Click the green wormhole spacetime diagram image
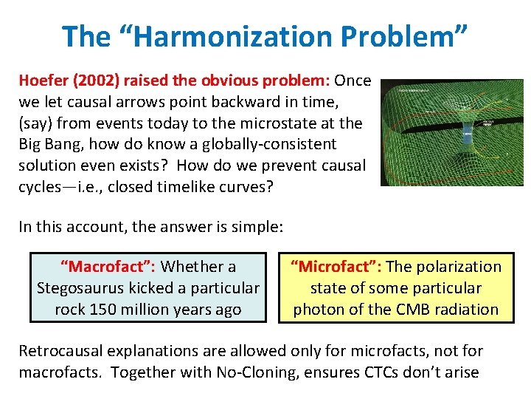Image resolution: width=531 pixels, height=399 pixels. [451, 132]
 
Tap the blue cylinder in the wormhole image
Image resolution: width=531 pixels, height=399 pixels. [467, 134]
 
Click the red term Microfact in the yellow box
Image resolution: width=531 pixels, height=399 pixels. [335, 267]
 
